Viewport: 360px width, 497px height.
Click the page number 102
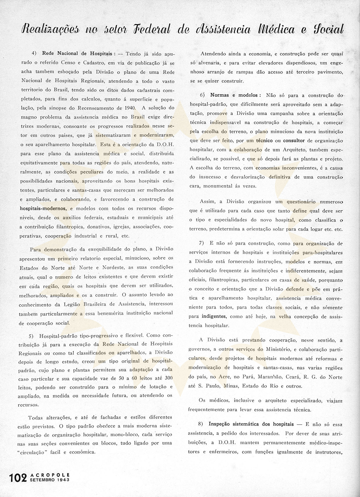(18, 478)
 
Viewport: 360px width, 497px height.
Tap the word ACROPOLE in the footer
(50, 475)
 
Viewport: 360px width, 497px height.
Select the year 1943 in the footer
(63, 480)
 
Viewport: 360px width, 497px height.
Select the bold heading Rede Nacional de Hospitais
(79, 53)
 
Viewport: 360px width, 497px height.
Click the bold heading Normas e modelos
(235, 95)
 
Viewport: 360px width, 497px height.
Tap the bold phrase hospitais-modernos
(43, 208)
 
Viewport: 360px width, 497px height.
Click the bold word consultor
(294, 141)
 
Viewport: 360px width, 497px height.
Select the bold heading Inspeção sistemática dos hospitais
(251, 424)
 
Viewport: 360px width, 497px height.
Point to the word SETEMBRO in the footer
(42, 480)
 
